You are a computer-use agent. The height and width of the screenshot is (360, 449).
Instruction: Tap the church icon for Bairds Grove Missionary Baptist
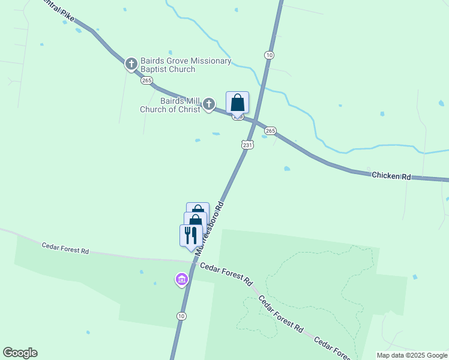[x=131, y=64]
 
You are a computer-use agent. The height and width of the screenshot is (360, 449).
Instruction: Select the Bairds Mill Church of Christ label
[x=170, y=105]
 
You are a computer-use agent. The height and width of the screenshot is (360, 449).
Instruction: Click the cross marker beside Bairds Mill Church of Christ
[x=209, y=104]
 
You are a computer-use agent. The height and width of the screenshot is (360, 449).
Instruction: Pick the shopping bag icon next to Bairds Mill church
[x=237, y=103]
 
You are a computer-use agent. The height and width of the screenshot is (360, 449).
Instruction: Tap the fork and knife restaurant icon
[x=191, y=235]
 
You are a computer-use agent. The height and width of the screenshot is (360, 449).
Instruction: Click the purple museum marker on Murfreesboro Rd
[x=181, y=279]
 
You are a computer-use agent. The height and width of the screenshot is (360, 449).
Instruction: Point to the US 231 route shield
[x=248, y=145]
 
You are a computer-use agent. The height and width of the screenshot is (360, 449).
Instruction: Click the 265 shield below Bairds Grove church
[x=146, y=80]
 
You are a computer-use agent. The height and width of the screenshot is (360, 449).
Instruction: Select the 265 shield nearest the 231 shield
[x=270, y=131]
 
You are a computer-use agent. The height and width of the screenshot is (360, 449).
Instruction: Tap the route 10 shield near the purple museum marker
[x=181, y=316]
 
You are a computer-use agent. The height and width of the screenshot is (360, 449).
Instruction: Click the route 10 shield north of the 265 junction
[x=269, y=55]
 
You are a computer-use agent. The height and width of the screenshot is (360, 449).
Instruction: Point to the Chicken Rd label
[x=391, y=176]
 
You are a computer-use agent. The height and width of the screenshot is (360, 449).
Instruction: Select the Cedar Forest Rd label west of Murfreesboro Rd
[x=65, y=248]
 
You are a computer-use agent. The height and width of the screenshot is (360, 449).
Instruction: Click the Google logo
[x=20, y=353]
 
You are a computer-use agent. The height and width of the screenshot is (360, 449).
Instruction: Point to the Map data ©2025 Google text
[x=411, y=355]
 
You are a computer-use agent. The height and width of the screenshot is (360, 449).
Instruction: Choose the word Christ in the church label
[x=187, y=109]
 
